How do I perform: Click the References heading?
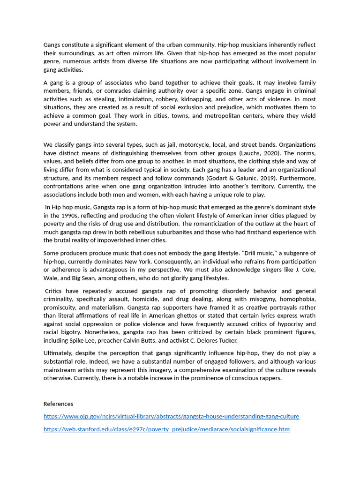coord(58,404)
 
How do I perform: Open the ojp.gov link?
coord(171,416)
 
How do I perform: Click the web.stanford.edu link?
coord(166,429)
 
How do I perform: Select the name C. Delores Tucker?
coord(216,341)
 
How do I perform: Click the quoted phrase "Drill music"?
coord(255,253)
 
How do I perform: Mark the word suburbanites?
coord(182,232)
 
